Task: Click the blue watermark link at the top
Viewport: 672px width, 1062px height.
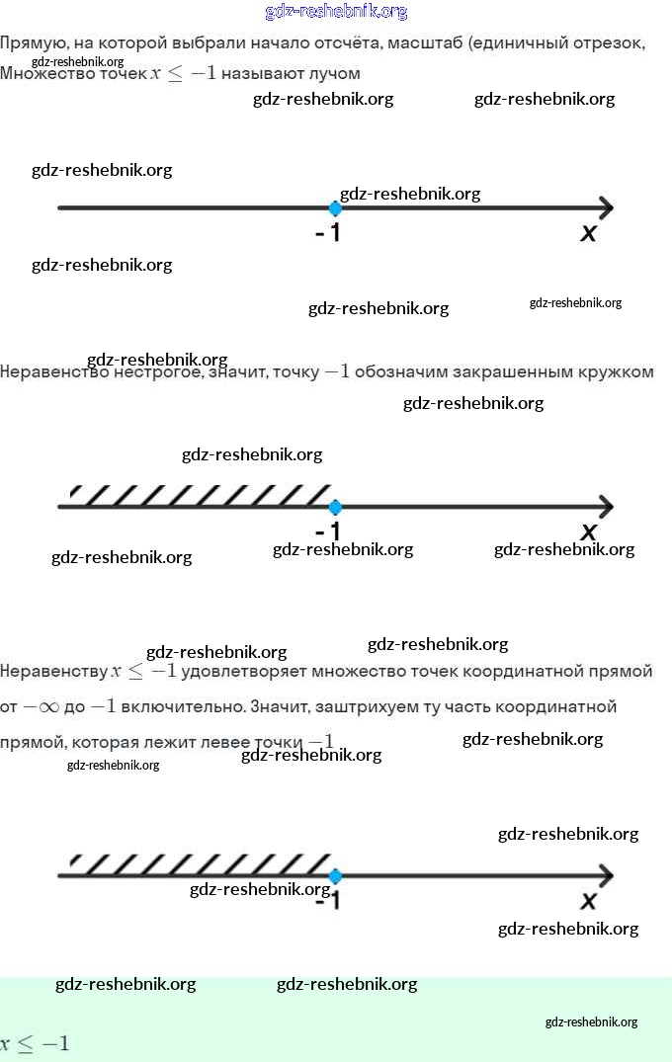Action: tap(336, 12)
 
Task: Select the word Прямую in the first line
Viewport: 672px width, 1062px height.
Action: tap(32, 43)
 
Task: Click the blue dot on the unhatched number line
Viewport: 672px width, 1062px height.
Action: tap(335, 208)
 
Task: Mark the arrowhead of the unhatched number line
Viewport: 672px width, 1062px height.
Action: tap(604, 208)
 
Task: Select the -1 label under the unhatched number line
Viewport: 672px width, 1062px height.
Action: tap(328, 234)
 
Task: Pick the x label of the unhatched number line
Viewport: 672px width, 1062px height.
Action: tap(589, 233)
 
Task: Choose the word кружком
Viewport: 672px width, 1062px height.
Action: tap(621, 372)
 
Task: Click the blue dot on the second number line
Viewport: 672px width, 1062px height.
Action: tap(335, 507)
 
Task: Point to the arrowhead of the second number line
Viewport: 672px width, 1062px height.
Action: tap(604, 507)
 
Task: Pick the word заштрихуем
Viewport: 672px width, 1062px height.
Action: tap(353, 707)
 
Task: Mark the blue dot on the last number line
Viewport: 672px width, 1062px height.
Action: tap(335, 876)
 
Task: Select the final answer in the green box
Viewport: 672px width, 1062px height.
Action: tap(35, 1043)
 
